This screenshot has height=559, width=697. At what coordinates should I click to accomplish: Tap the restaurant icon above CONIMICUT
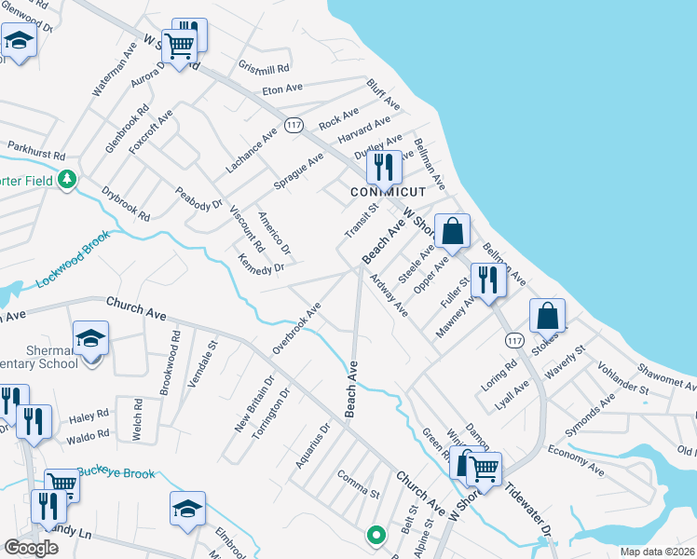click(383, 167)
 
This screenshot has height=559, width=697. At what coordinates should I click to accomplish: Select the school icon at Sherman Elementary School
click(91, 337)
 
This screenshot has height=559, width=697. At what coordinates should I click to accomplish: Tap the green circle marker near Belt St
click(376, 535)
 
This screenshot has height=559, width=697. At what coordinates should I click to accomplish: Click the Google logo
click(31, 548)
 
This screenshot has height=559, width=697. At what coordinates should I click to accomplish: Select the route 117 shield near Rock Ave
click(294, 125)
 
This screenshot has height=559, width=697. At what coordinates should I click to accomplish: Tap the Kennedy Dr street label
click(260, 265)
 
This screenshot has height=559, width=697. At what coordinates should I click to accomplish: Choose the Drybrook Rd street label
click(126, 202)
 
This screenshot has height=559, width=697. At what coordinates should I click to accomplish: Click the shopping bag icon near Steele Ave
click(452, 231)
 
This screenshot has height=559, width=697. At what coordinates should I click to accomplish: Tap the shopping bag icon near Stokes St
click(548, 315)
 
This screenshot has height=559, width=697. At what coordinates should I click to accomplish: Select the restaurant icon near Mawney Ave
click(488, 278)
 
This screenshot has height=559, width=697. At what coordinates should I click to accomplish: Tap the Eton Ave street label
click(283, 89)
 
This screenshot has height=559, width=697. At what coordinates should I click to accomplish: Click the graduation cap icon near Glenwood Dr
click(18, 40)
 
